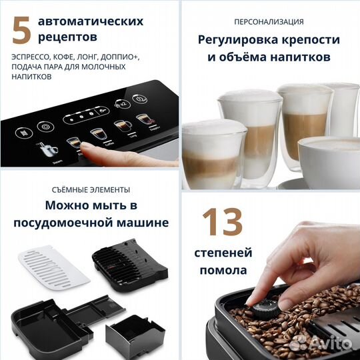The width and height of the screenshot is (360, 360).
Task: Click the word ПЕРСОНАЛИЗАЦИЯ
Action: pos(269,21)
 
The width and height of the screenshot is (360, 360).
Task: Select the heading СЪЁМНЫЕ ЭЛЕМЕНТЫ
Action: pos(89,190)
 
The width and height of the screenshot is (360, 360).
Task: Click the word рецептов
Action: pos(68,36)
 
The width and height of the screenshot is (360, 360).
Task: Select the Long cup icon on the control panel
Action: pos(121,125)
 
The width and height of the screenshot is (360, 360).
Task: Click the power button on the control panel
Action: pos(139,98)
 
